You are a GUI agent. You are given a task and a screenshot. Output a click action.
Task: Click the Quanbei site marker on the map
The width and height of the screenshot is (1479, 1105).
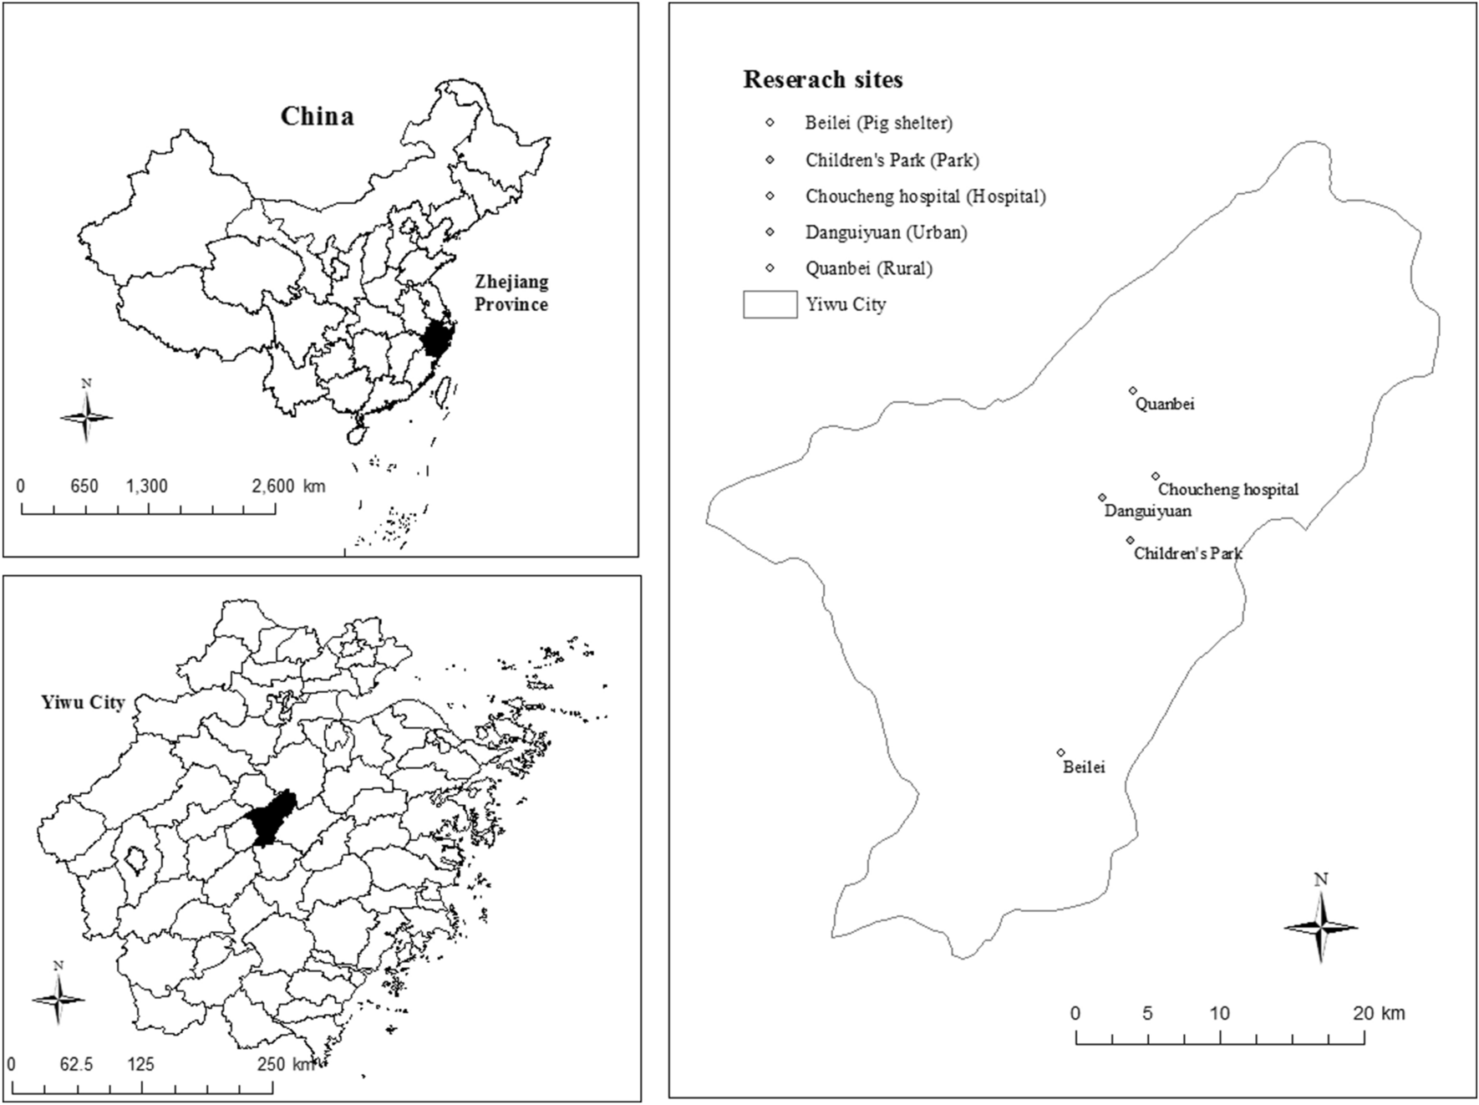coord(1133,390)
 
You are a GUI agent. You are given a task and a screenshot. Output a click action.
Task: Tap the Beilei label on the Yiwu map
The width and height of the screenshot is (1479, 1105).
coord(1084,766)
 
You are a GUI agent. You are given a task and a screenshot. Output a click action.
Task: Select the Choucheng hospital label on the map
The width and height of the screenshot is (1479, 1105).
coord(1228,489)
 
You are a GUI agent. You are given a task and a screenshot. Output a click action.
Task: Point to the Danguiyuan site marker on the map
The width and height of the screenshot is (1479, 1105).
coord(1102,497)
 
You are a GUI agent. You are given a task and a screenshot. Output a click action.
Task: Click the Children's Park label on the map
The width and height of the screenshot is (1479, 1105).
coord(1187,552)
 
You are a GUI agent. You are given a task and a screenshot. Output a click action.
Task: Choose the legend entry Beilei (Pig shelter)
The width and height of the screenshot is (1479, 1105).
coord(878,123)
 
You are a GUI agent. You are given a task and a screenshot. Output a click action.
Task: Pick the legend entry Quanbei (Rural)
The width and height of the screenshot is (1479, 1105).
coord(868,268)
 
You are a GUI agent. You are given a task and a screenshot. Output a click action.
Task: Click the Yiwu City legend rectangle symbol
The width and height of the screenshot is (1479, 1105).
coord(770,304)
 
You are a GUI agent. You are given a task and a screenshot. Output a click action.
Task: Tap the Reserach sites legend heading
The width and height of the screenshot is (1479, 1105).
coord(823,80)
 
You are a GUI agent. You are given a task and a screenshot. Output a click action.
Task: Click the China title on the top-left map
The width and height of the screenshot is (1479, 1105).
coord(317,116)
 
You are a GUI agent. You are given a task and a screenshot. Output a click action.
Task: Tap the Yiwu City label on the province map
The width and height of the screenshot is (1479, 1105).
coord(83,702)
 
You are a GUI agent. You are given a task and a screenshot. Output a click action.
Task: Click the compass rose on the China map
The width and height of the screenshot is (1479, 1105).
coord(86,415)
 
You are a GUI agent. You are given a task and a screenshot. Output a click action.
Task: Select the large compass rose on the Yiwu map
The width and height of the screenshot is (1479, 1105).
coord(1320,926)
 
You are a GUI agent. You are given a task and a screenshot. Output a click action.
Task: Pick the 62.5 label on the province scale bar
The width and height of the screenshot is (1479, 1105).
coord(76,1064)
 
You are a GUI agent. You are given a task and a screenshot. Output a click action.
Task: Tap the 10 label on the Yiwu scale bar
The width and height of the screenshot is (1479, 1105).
coord(1220,1013)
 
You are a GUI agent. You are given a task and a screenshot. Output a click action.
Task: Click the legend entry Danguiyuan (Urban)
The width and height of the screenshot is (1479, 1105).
coord(886,232)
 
